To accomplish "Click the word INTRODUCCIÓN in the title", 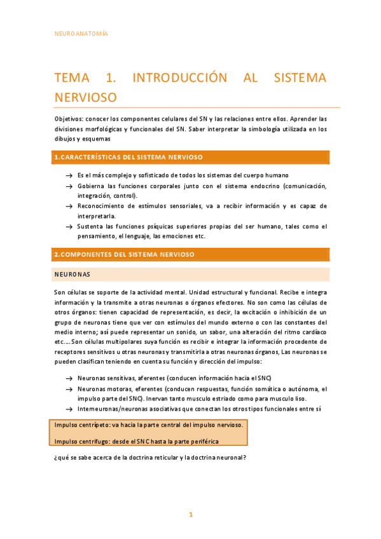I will coord(179,78).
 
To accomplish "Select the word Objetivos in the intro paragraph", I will coord(70,119).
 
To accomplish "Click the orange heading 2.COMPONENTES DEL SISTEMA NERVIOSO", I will coord(124,255).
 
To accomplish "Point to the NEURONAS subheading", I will coord(73,275).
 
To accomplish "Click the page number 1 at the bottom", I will coord(190,514).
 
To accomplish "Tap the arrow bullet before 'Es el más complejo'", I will coord(68,175).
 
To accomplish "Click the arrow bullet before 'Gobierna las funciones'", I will coord(68,186).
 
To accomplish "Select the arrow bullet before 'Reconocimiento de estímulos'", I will coord(68,207).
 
